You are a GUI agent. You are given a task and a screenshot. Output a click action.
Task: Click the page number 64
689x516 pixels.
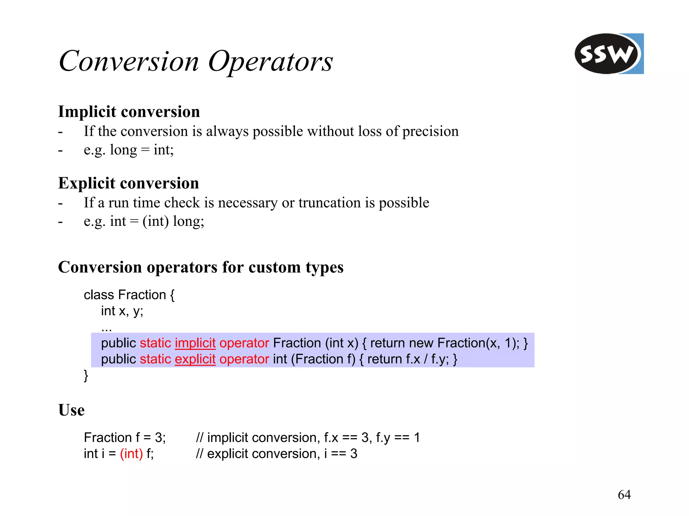point(624,494)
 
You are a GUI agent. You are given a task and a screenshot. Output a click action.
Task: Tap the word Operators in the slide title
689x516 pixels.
point(270,62)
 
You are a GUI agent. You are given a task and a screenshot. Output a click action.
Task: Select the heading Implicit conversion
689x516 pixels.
point(129,112)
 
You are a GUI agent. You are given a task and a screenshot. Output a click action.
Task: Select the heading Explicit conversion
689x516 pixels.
point(128,183)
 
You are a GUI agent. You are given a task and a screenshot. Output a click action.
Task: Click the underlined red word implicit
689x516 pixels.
point(195,343)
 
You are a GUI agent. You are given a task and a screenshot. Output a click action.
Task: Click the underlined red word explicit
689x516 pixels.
point(195,359)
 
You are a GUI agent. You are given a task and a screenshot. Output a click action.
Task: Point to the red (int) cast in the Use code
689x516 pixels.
point(131,454)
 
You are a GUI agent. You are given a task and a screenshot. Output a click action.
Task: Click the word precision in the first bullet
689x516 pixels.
point(430,132)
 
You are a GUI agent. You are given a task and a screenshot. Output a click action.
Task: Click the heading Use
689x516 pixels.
point(71,410)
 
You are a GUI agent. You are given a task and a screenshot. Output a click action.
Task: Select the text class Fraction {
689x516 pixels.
point(129,295)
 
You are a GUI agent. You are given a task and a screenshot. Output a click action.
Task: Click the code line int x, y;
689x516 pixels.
point(122,311)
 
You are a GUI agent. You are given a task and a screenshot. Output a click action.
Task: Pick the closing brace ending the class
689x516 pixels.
point(86,375)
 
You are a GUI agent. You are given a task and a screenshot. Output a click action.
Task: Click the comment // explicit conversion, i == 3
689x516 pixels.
point(276,454)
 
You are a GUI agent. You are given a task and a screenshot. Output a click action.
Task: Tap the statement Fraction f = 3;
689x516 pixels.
point(124,438)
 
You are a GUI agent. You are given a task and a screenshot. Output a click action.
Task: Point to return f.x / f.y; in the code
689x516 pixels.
point(408,359)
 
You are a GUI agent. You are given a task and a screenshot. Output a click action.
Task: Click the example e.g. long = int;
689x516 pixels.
point(129,150)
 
